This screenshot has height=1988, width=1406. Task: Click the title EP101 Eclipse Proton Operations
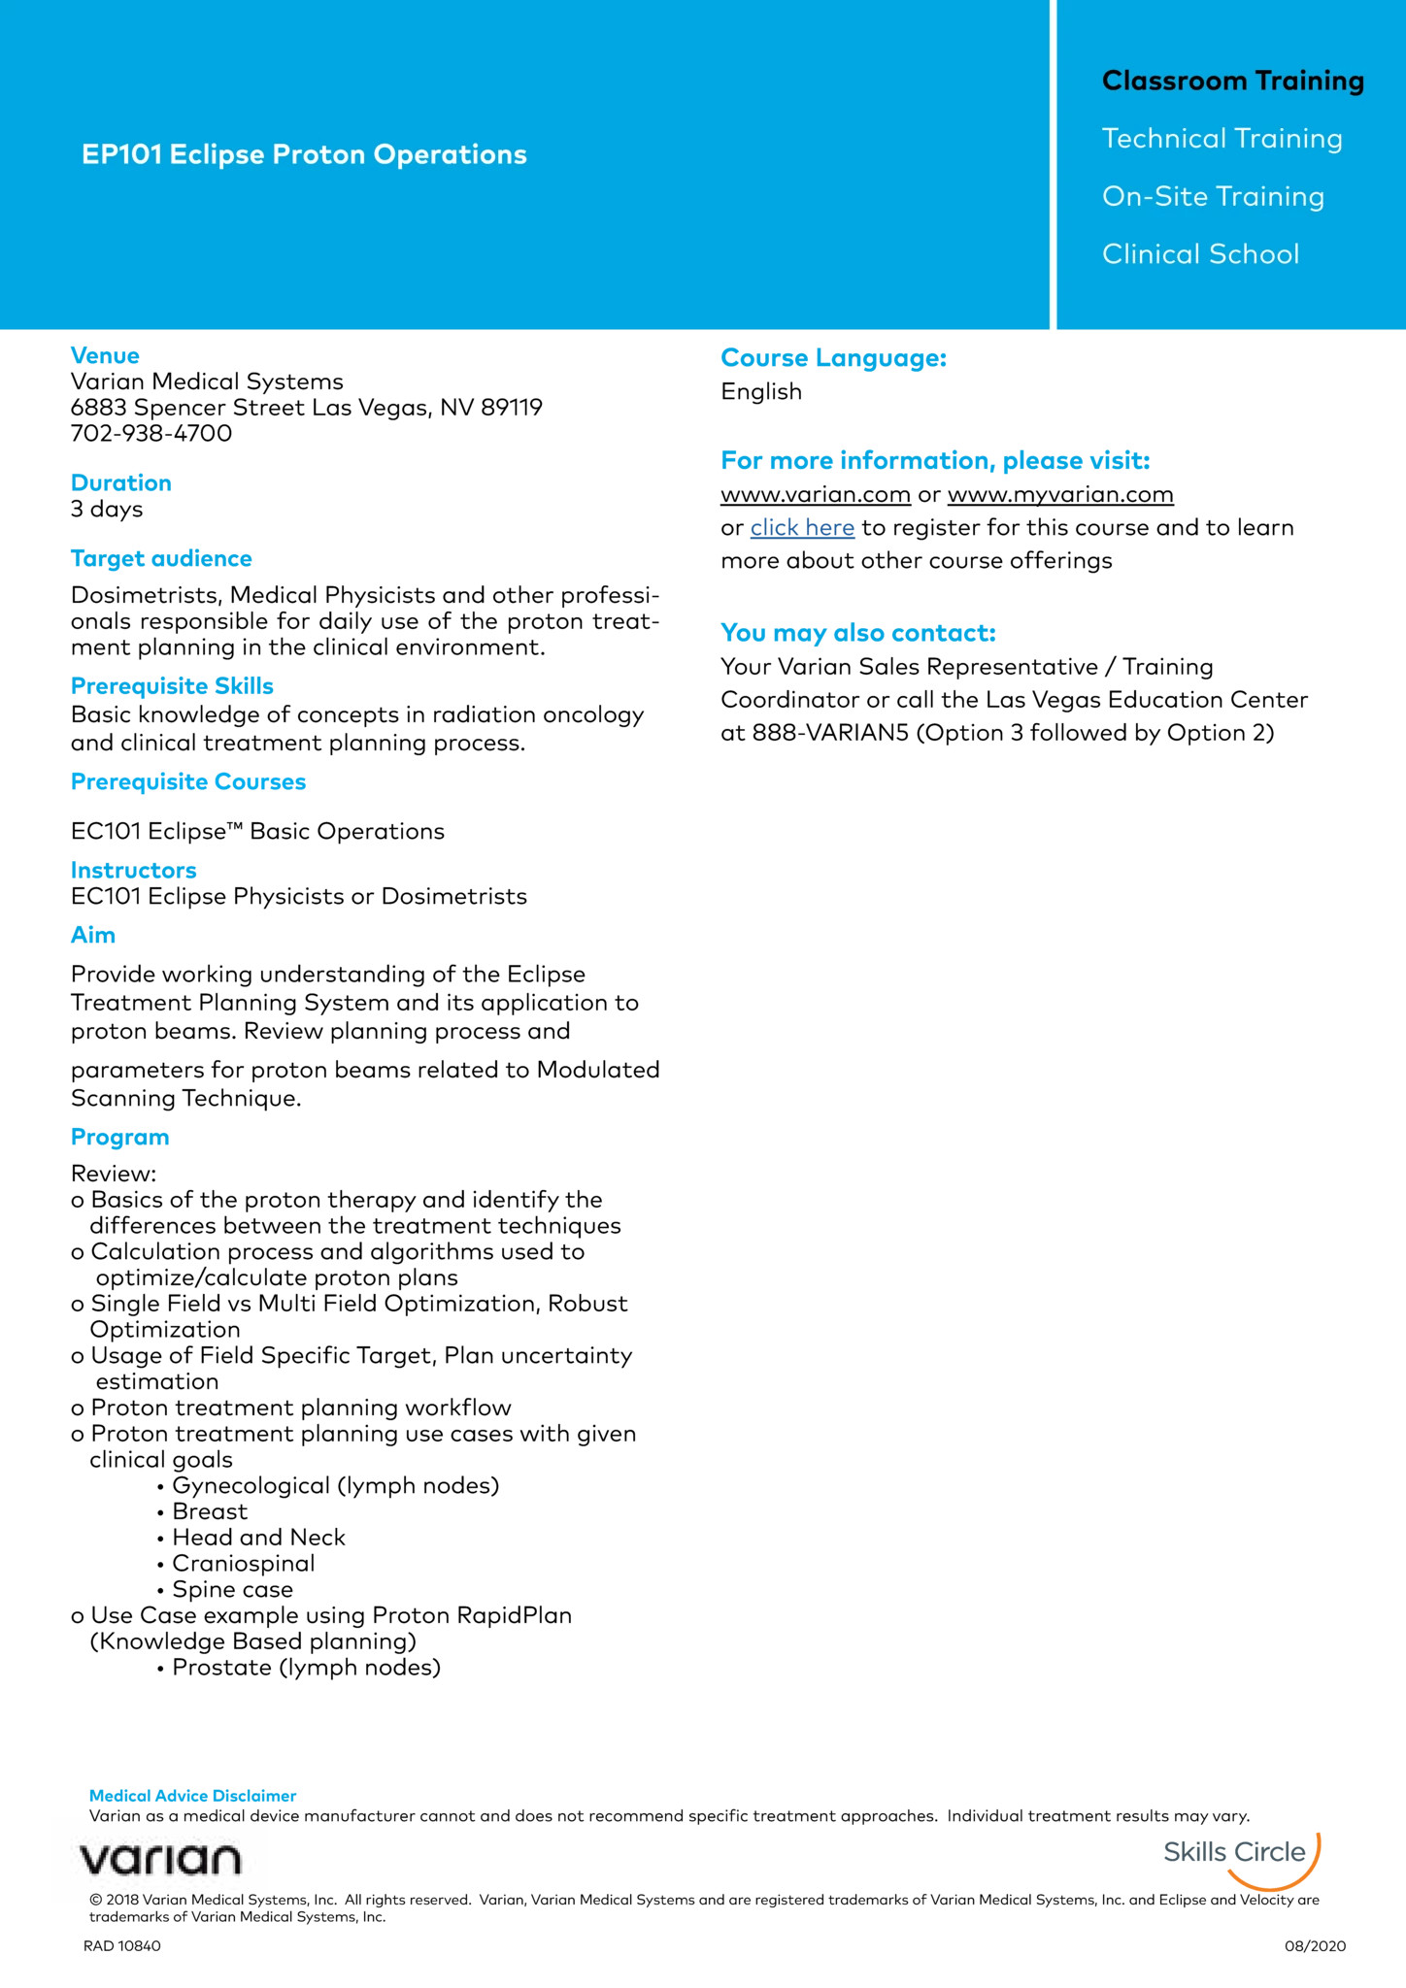click(x=304, y=154)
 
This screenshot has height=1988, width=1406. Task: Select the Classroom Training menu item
click(x=1232, y=81)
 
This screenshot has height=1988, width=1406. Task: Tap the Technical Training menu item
click(x=1222, y=139)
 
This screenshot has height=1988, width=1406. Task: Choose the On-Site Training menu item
click(x=1213, y=197)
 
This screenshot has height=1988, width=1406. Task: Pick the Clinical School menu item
click(x=1200, y=254)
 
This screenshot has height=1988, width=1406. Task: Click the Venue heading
click(x=105, y=355)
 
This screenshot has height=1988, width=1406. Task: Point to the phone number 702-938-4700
click(x=151, y=433)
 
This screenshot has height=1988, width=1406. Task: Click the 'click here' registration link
click(x=802, y=528)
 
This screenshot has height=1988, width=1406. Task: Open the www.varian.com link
click(x=816, y=495)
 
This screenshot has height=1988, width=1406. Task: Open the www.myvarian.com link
click(x=1060, y=495)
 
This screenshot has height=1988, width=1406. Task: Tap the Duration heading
click(x=120, y=482)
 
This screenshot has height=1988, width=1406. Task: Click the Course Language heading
click(x=833, y=358)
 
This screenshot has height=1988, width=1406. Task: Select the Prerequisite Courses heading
click(x=188, y=781)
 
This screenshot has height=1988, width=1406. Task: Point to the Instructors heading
click(x=133, y=870)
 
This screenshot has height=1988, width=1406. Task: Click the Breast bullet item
click(x=210, y=1511)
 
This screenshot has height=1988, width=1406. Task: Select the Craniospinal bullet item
click(x=243, y=1563)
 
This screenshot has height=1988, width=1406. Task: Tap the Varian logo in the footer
click(x=160, y=1860)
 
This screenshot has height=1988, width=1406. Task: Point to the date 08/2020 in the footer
click(x=1315, y=1946)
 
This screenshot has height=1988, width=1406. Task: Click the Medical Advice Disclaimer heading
click(x=192, y=1796)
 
